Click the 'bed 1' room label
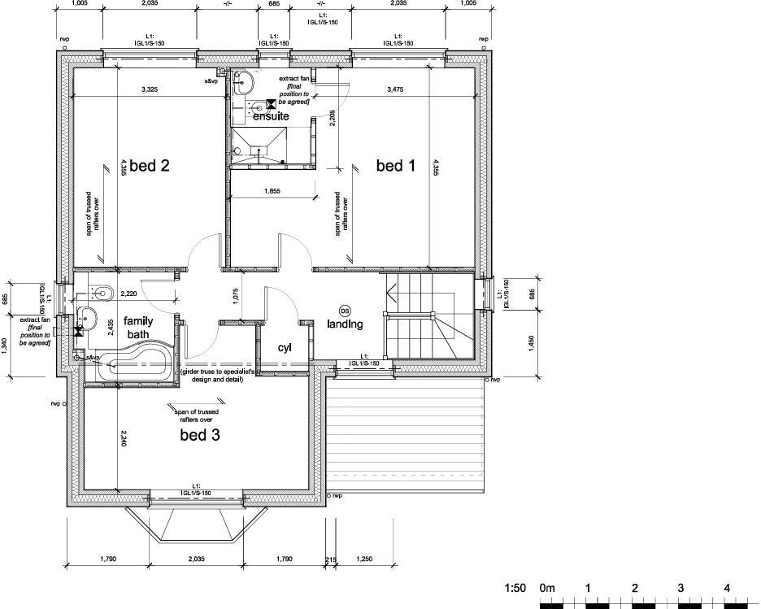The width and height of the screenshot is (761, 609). pyautogui.click(x=396, y=167)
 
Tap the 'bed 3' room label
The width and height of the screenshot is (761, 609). pyautogui.click(x=200, y=437)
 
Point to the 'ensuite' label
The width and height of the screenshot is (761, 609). pyautogui.click(x=271, y=117)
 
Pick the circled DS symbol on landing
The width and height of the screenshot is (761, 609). pyautogui.click(x=344, y=311)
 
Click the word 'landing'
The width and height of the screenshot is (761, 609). pyautogui.click(x=344, y=324)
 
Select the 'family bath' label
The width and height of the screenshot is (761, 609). pyautogui.click(x=138, y=327)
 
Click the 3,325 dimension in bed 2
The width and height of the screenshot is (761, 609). pyautogui.click(x=150, y=89)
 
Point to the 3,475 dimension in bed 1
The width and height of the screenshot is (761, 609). pyautogui.click(x=395, y=89)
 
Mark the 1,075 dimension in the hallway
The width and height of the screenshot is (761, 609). pyautogui.click(x=235, y=298)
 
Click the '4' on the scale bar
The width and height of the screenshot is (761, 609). pyautogui.click(x=727, y=588)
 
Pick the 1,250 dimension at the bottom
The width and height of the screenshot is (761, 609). pyautogui.click(x=364, y=559)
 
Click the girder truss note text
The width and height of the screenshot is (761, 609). pyautogui.click(x=218, y=375)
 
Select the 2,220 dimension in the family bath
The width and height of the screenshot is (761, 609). pyautogui.click(x=128, y=294)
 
